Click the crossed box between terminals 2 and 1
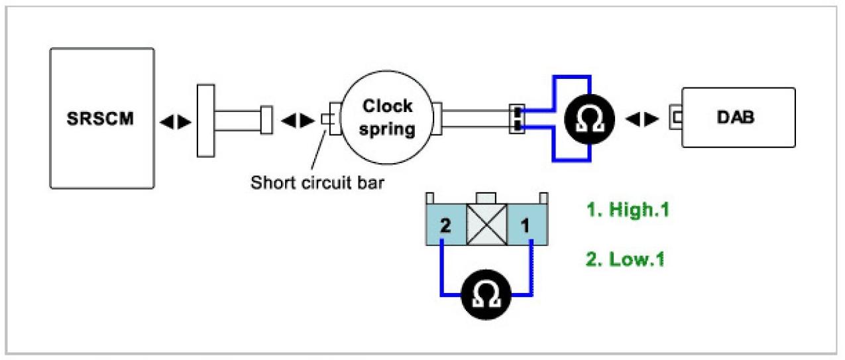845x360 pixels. pyautogui.click(x=487, y=225)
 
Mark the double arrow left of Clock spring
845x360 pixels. pyautogui.click(x=293, y=121)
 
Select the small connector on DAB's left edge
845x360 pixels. pyautogui.click(x=677, y=118)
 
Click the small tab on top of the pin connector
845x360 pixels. pyautogui.click(x=487, y=197)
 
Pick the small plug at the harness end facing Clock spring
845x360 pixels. pyautogui.click(x=266, y=119)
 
